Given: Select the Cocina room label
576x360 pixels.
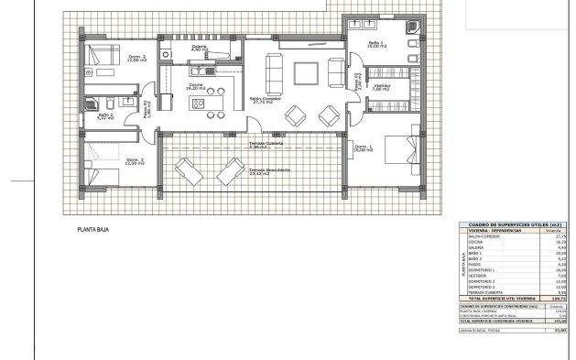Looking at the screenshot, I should [x=196, y=87].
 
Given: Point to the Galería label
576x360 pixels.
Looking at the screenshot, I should [x=199, y=49].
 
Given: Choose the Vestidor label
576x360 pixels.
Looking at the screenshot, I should [x=382, y=87].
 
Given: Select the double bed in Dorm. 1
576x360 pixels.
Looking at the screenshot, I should [x=399, y=147].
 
